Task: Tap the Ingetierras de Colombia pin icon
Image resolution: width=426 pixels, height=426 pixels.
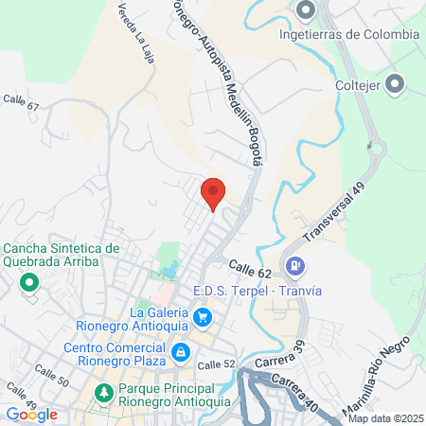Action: [x=305, y=11]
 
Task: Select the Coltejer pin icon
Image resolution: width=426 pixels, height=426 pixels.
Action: [x=396, y=84]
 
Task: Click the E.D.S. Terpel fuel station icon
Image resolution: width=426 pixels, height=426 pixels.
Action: [x=295, y=267]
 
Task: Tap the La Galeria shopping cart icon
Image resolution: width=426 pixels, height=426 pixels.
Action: [x=202, y=315]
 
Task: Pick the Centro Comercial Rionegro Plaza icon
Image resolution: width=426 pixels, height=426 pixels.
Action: [x=179, y=353]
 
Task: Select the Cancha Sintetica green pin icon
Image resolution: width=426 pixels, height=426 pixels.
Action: [x=29, y=282]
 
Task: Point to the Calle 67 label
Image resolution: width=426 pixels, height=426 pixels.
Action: [x=21, y=101]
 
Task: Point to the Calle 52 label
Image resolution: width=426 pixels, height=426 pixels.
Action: [x=216, y=364]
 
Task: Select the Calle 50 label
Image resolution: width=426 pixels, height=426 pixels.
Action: [x=51, y=375]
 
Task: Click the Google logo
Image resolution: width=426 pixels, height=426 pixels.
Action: [x=31, y=414]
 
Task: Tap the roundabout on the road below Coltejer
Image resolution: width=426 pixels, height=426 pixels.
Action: [x=377, y=147]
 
